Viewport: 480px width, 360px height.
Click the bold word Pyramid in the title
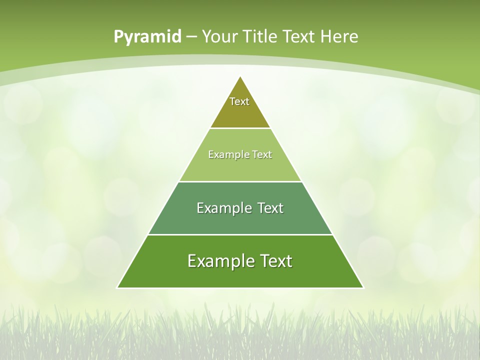[x=147, y=37]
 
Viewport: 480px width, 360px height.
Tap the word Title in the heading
[x=263, y=36]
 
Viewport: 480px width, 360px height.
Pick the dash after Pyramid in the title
[x=191, y=37]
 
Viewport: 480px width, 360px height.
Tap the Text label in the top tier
[x=239, y=101]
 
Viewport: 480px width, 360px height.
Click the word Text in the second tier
[x=262, y=154]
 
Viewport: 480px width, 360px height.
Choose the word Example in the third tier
[x=223, y=208]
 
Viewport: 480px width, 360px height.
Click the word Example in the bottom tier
[x=219, y=261]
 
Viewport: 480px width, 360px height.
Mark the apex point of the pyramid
[x=240, y=76]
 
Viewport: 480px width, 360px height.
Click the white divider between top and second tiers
[x=240, y=128]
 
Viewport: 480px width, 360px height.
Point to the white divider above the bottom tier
[x=240, y=234]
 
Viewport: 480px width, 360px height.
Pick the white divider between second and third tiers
[x=240, y=181]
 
